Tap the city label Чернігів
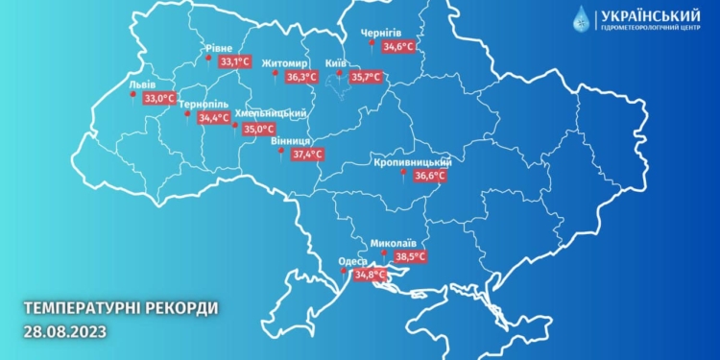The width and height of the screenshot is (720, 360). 381,33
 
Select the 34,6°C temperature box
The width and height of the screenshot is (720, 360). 397,45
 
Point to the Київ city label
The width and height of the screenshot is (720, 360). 336,61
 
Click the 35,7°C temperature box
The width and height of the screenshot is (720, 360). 365,77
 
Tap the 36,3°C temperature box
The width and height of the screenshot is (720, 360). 301,77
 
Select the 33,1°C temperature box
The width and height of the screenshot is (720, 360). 234,61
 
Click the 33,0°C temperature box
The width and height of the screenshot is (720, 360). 158,98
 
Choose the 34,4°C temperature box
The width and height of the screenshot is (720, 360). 213,118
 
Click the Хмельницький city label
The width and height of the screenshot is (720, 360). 278,112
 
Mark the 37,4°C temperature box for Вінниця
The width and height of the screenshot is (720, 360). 307,154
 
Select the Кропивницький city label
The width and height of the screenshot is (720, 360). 413,162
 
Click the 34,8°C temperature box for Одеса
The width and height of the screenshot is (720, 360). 370,275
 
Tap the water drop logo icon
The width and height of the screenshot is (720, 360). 583,19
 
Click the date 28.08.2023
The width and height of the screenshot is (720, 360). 63,331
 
